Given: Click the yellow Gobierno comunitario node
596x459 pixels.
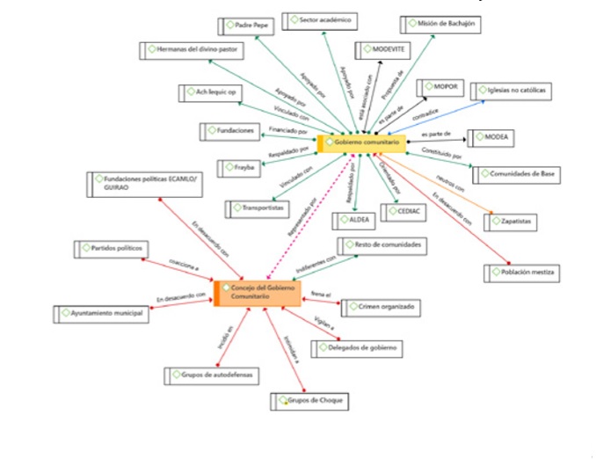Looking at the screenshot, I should (361, 142).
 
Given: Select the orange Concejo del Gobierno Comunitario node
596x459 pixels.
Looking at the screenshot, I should (258, 294).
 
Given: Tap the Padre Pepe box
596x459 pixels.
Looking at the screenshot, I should (247, 26).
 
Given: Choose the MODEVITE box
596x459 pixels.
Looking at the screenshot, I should (382, 50).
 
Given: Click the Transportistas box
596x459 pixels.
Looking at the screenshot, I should (258, 208).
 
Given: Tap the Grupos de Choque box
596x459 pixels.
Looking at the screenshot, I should (310, 401).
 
